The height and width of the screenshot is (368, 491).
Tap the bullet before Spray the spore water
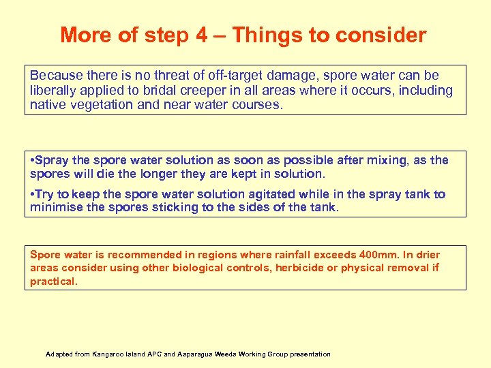click(x=32, y=161)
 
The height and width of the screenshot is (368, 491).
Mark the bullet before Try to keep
click(x=32, y=195)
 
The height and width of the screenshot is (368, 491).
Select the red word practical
click(x=53, y=281)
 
